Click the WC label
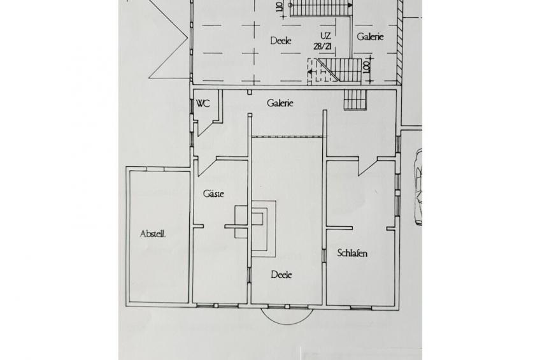coord(203,103)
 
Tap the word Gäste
coord(213,194)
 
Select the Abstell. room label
coord(153,234)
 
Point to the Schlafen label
coord(352,253)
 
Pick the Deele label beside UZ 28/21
coord(280,40)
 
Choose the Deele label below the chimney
coord(281,275)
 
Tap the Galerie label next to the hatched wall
coord(370,37)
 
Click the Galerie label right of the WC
coord(280,103)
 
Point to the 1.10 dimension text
coord(278,8)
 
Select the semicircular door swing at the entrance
coord(287,314)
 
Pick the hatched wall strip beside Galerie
coord(399,41)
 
